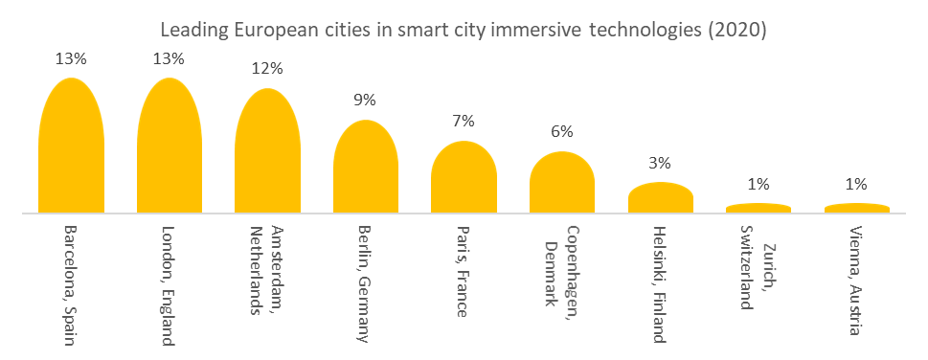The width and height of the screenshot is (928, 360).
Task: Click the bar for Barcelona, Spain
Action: click(71, 148)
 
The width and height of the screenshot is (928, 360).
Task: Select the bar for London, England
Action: click(169, 148)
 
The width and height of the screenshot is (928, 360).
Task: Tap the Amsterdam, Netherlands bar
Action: click(267, 153)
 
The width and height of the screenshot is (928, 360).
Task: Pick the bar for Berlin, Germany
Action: click(365, 169)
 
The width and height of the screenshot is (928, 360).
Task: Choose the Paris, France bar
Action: click(464, 179)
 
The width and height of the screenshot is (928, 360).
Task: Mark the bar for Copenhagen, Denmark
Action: click(562, 184)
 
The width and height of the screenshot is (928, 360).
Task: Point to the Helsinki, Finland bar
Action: click(660, 198)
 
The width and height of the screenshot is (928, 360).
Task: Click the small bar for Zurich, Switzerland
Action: click(758, 208)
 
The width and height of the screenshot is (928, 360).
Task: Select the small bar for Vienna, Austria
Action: click(856, 208)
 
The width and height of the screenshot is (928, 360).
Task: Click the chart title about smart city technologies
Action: click(464, 30)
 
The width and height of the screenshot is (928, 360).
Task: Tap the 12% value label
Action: click(267, 68)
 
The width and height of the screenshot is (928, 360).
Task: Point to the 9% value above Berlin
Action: click(365, 100)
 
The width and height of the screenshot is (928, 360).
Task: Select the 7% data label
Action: click(464, 121)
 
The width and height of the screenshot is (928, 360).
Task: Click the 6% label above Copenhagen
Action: click(562, 131)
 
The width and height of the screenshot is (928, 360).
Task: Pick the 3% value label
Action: click(660, 163)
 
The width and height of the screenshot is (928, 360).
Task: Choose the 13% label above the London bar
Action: click(169, 57)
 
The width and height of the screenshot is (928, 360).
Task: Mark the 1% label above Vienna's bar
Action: click(856, 184)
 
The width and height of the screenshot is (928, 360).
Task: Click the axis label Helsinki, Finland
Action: click(660, 284)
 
